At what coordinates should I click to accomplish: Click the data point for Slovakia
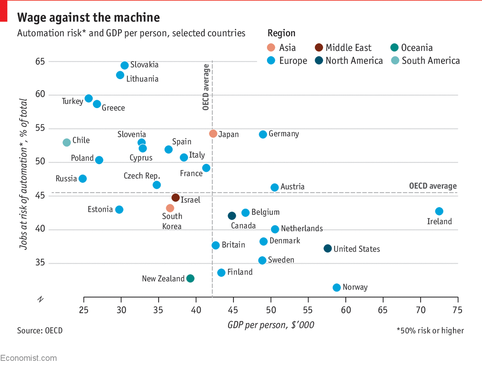click(x=125, y=66)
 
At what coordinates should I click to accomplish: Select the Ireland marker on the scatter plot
click(x=439, y=211)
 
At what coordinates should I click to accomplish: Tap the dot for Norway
click(x=337, y=287)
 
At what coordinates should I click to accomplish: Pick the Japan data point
click(x=213, y=134)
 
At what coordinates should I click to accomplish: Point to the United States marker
click(x=328, y=249)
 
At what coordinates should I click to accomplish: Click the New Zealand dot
click(x=191, y=278)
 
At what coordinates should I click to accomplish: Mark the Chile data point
click(x=67, y=142)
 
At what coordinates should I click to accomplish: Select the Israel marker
click(x=175, y=198)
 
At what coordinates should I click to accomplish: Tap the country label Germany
click(x=284, y=134)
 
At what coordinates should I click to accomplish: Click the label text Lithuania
click(x=142, y=79)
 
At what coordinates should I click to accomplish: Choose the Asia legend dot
click(x=271, y=47)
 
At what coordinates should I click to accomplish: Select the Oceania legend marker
click(x=395, y=47)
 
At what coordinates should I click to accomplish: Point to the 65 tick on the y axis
click(x=40, y=61)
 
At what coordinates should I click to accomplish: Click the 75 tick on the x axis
click(x=458, y=310)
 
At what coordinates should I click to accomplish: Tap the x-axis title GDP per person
click(x=271, y=325)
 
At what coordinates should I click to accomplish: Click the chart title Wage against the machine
click(x=88, y=18)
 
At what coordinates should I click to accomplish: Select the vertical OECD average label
click(x=206, y=87)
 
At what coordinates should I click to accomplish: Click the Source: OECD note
click(x=40, y=331)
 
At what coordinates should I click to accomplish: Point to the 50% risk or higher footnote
click(x=430, y=331)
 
